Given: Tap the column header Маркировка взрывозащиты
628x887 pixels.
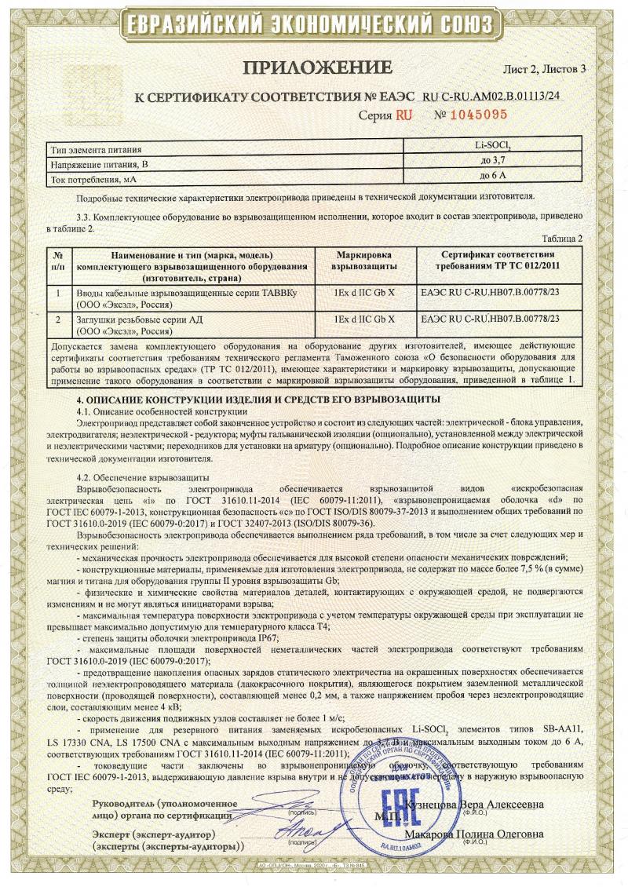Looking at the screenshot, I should (x=363, y=261).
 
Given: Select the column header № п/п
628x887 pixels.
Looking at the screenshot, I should (x=57, y=261).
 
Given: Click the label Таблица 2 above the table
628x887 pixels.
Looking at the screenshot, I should (x=560, y=237).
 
